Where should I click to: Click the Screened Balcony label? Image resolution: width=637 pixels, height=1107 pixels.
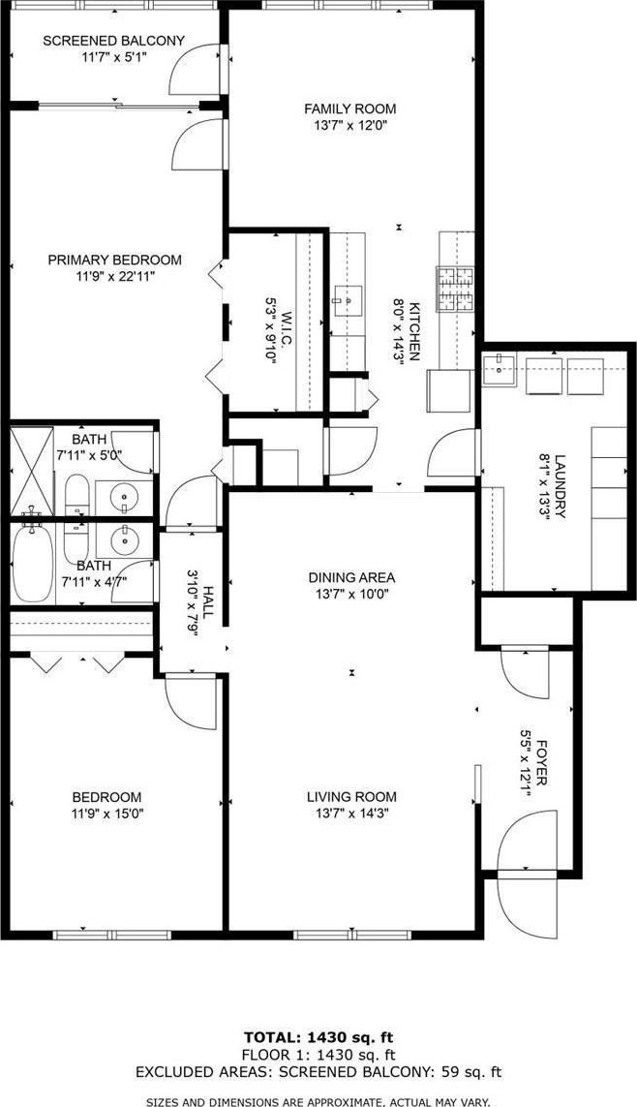pos(113,41)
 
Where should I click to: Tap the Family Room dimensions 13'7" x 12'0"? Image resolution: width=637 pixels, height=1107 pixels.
pos(349,126)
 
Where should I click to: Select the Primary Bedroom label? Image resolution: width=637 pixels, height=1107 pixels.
pos(114,260)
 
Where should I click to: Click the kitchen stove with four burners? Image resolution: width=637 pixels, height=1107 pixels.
pos(455,289)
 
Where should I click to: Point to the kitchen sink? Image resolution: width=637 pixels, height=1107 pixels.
pos(348,301)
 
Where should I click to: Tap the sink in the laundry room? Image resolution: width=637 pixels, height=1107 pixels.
pos(500,366)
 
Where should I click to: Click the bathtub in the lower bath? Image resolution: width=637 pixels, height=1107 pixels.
pos(32,563)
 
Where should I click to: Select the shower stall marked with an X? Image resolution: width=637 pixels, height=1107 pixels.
pos(32,471)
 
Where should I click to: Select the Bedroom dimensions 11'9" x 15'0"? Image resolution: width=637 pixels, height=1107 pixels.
pos(106,813)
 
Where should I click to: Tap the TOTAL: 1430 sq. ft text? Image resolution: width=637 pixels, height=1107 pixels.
pos(318,1038)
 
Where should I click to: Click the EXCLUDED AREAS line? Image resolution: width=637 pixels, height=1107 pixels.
pos(318,1072)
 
